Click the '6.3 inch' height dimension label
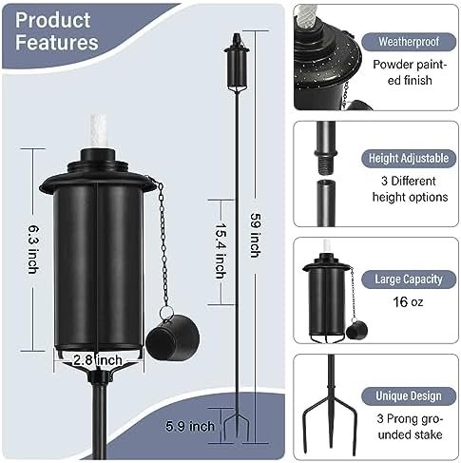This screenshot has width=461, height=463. [33, 249]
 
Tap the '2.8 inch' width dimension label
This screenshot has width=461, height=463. [98, 360]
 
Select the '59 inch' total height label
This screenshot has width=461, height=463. [256, 235]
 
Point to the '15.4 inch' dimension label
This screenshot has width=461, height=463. [221, 251]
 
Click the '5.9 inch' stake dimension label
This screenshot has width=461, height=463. [190, 426]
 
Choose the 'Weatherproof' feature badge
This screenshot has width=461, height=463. [409, 42]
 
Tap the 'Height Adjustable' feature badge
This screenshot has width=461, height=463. [409, 158]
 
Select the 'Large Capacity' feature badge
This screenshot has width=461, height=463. [409, 280]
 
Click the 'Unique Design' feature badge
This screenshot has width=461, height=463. [409, 395]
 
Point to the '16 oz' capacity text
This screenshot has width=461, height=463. [408, 302]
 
